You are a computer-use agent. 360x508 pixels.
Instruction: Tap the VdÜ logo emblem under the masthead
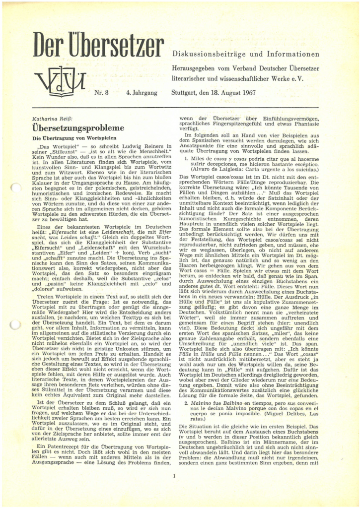click(x=60, y=80)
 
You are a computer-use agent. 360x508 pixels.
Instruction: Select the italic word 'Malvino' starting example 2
click(x=203, y=390)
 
